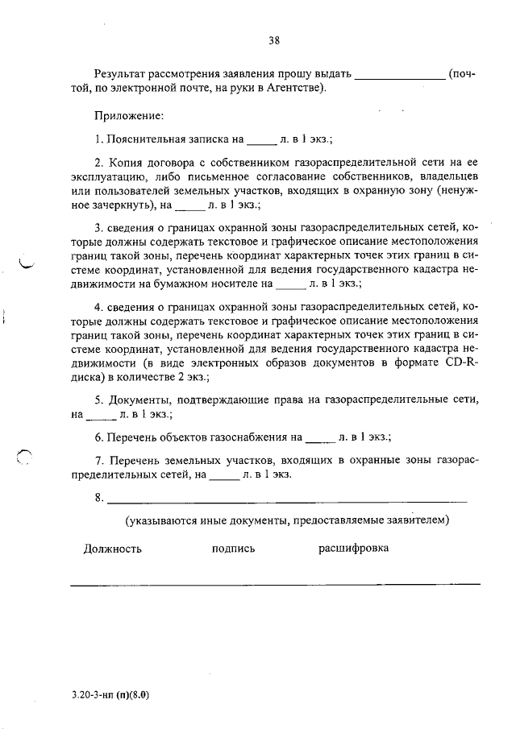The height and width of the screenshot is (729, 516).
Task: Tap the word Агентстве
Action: [x=294, y=88]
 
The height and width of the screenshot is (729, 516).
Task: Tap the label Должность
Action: [x=113, y=549]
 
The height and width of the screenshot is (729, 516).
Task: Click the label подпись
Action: [x=233, y=549]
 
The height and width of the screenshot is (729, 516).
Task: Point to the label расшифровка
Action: [x=353, y=549]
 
